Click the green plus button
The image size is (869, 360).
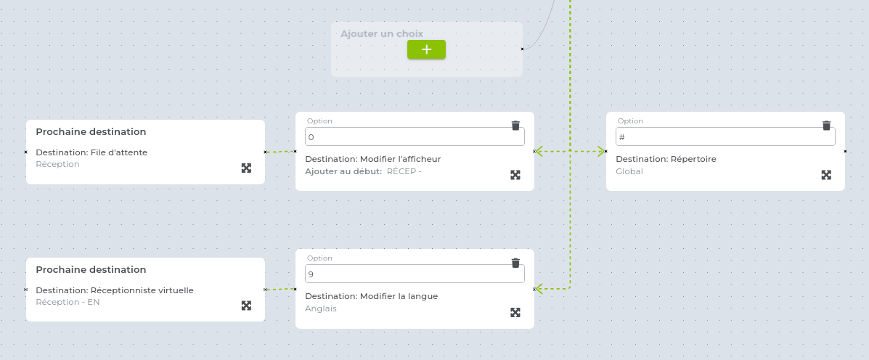[426, 49]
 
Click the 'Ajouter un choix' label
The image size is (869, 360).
[382, 34]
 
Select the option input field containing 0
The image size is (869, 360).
[415, 136]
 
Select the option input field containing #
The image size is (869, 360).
[725, 136]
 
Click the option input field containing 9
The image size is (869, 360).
[415, 274]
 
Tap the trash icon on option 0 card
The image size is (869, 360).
[515, 125]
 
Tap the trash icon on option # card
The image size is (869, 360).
[826, 125]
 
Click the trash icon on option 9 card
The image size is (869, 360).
[515, 263]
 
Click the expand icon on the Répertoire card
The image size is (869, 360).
[826, 175]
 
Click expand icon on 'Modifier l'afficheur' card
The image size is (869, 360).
[515, 175]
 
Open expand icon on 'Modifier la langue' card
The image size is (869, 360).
[515, 312]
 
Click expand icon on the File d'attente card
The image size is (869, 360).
[247, 168]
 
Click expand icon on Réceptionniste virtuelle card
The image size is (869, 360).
[247, 305]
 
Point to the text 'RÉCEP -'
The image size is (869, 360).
[404, 171]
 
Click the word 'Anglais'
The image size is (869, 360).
[321, 308]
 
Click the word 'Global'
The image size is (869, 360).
[629, 171]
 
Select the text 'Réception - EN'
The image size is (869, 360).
[68, 302]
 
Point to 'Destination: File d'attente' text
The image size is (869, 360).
[91, 152]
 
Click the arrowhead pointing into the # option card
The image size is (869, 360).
[600, 151]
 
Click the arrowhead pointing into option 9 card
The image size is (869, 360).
[539, 289]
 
